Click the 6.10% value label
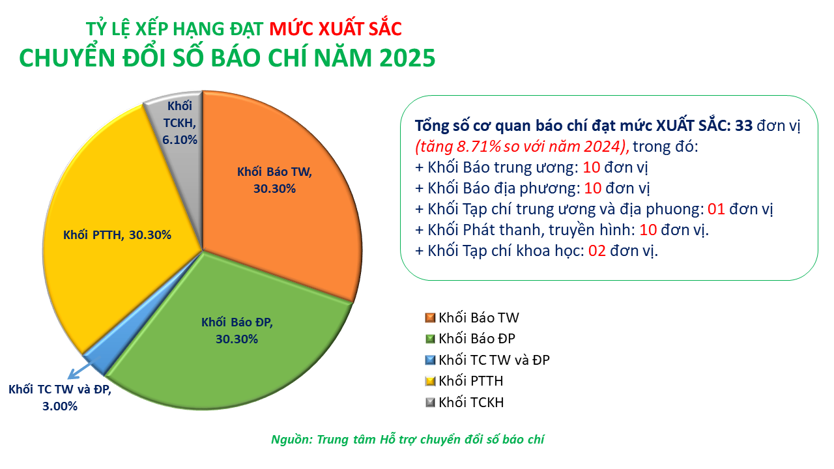[x=180, y=139]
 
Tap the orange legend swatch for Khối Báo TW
[x=429, y=318]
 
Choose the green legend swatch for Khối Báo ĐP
[x=429, y=339]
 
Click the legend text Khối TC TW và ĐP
[x=495, y=360]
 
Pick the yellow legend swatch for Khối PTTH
[x=429, y=380]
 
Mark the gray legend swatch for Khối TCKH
[x=429, y=402]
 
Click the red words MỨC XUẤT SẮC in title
[x=336, y=29]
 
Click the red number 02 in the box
[x=597, y=251]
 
